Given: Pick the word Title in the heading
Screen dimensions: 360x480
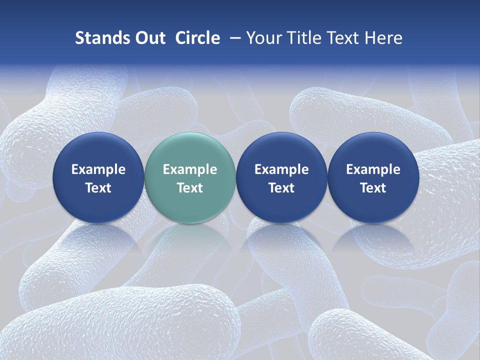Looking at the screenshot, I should [x=303, y=38].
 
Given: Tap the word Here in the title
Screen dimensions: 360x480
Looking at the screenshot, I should [x=383, y=38].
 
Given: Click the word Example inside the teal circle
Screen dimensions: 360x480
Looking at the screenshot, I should [x=190, y=169].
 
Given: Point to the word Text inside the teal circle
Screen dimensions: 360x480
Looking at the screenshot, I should [x=190, y=188].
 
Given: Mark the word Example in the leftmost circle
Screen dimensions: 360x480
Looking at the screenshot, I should [x=98, y=169].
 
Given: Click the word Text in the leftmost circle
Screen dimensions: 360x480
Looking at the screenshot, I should [x=98, y=188].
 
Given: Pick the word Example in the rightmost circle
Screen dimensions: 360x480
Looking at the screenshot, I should [x=373, y=169].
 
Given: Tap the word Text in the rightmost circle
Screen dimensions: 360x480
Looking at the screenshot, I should [x=373, y=188].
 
